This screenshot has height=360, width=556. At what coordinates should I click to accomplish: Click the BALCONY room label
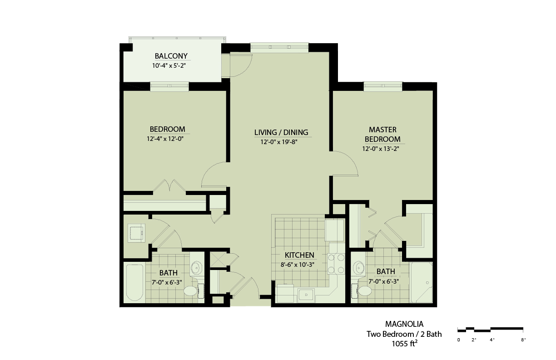171,56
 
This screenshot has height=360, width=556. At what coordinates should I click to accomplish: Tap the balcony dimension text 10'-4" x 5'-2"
169,65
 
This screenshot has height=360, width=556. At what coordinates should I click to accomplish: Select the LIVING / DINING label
281,132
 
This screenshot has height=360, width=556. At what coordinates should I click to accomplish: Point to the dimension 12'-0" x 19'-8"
279,142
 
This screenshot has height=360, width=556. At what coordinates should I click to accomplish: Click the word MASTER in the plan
382,130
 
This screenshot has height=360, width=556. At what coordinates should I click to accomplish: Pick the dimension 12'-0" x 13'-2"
381,149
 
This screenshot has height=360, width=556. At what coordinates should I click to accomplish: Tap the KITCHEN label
299,255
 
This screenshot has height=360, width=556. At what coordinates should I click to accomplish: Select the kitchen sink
306,295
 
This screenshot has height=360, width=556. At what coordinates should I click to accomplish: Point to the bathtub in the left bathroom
134,282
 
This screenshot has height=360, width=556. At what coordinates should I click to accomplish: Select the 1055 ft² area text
404,343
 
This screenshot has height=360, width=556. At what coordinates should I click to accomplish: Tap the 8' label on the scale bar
523,340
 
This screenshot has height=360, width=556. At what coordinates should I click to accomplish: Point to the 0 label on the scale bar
458,340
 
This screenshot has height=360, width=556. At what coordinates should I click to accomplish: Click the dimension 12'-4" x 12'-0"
165,139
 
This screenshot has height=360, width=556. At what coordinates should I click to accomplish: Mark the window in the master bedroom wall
383,86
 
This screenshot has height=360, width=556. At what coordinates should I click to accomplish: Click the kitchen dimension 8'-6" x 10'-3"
298,265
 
